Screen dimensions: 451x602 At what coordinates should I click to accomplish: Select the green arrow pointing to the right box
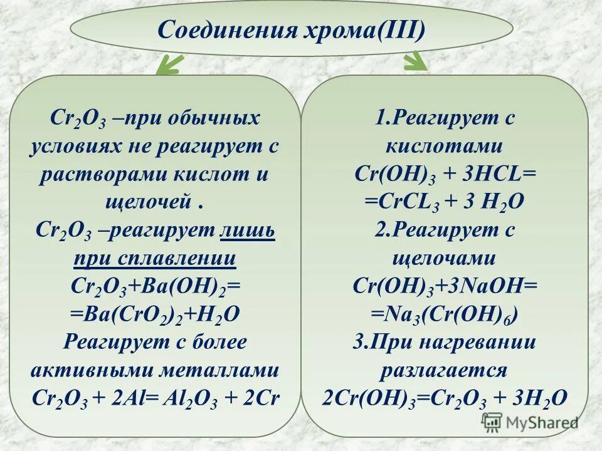pyautogui.click(x=414, y=61)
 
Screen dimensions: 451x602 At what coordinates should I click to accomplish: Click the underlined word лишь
pyautogui.click(x=248, y=230)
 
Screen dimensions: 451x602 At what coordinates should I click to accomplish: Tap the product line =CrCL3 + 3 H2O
pyautogui.click(x=444, y=202)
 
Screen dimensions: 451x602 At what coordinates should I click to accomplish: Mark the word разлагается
pyautogui.click(x=444, y=370)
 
